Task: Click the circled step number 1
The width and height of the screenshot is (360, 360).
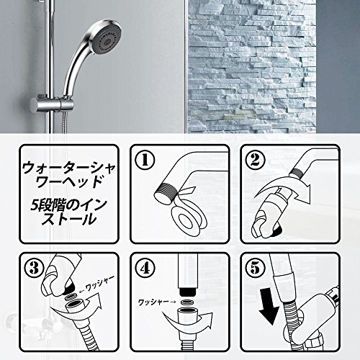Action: (x=145, y=160)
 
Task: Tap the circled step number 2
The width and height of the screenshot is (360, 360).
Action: (x=255, y=160)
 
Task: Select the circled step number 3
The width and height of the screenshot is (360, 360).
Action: (x=35, y=268)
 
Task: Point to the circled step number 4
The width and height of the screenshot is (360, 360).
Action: (x=145, y=268)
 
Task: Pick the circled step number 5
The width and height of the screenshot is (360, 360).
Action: (x=255, y=268)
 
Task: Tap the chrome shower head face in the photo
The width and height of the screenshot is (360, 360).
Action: (x=106, y=40)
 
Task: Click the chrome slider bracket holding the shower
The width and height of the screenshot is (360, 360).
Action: (x=52, y=105)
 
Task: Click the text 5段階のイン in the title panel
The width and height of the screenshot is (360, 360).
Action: (x=68, y=207)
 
